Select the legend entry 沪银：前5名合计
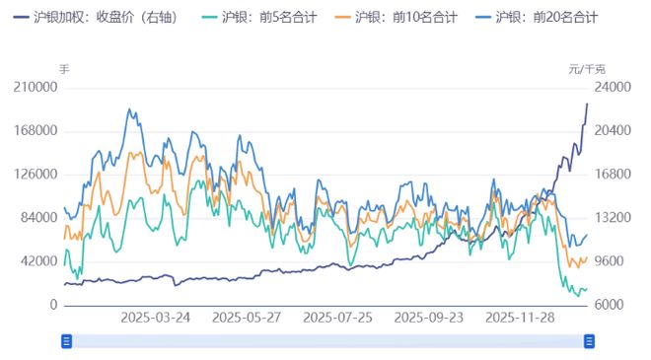tap(268, 17)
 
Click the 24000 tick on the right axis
tap(612, 88)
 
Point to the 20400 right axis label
tap(612, 131)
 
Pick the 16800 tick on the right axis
tap(612, 175)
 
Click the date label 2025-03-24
tap(156, 318)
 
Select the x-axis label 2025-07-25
tap(338, 318)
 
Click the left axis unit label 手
tap(65, 69)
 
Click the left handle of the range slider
tap(67, 341)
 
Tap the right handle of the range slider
tap(589, 341)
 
